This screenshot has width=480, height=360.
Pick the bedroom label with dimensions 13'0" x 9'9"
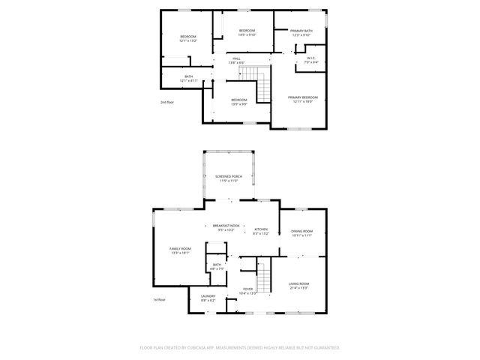pos(238,101)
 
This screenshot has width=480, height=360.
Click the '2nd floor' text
pos(166,101)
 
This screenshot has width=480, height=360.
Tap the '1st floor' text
pos(159,299)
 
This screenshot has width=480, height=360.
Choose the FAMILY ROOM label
pos(181,250)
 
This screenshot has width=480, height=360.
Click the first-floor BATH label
pos(217,266)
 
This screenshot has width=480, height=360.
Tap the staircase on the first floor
pos(264,269)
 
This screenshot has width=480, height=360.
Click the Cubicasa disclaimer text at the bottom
pos(240,347)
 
